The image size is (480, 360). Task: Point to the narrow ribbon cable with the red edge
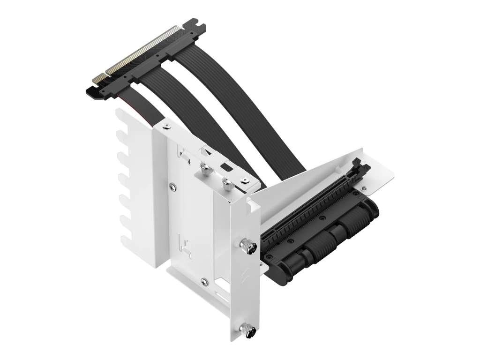click(136, 105)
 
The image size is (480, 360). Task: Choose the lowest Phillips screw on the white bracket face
click(203, 281)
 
